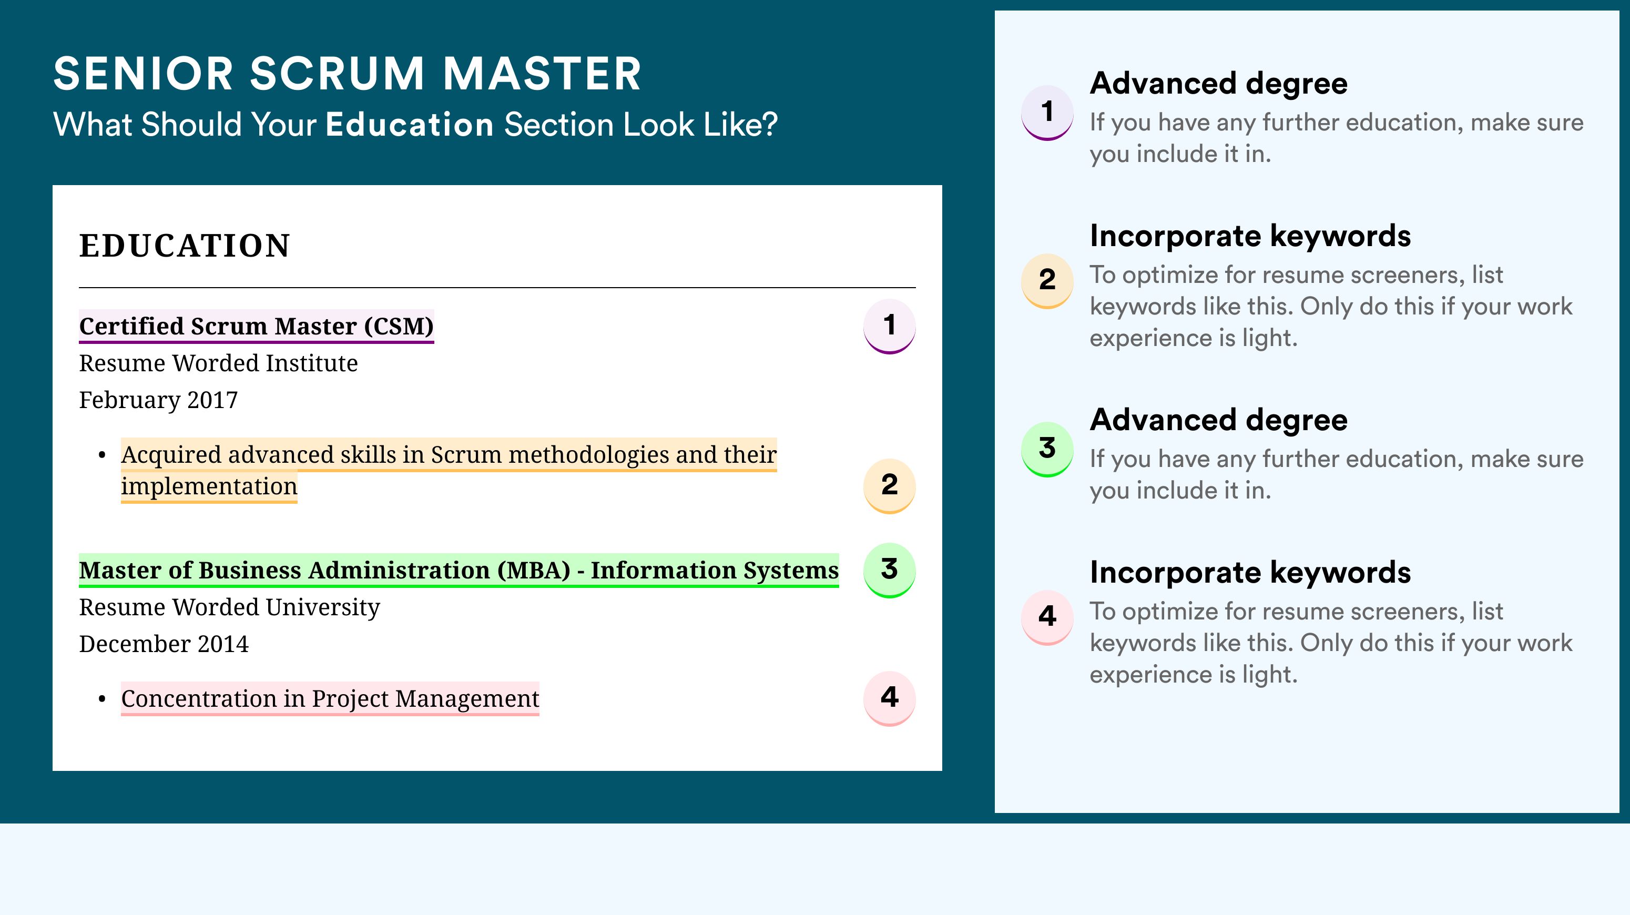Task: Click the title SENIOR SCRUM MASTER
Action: coord(348,74)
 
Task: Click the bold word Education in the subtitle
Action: coord(410,124)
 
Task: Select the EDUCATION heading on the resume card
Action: coord(184,246)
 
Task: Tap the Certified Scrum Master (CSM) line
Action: coord(256,326)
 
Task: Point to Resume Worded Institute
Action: coord(218,363)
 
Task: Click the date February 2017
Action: coord(158,400)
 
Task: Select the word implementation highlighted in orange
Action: coord(209,486)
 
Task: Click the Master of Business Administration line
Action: coord(459,570)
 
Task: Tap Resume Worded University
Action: coord(230,607)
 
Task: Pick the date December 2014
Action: coord(164,644)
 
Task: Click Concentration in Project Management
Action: coord(330,698)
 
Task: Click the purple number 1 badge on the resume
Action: coord(890,326)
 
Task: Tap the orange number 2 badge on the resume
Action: coord(890,485)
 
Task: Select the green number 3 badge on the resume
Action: coord(890,570)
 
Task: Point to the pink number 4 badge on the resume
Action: coord(890,698)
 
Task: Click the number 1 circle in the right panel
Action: coord(1047,112)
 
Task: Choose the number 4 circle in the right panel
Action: coord(1047,617)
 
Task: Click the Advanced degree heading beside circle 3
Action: coord(1219,420)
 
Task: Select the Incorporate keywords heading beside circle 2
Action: coord(1250,237)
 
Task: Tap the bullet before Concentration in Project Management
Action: coord(102,699)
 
